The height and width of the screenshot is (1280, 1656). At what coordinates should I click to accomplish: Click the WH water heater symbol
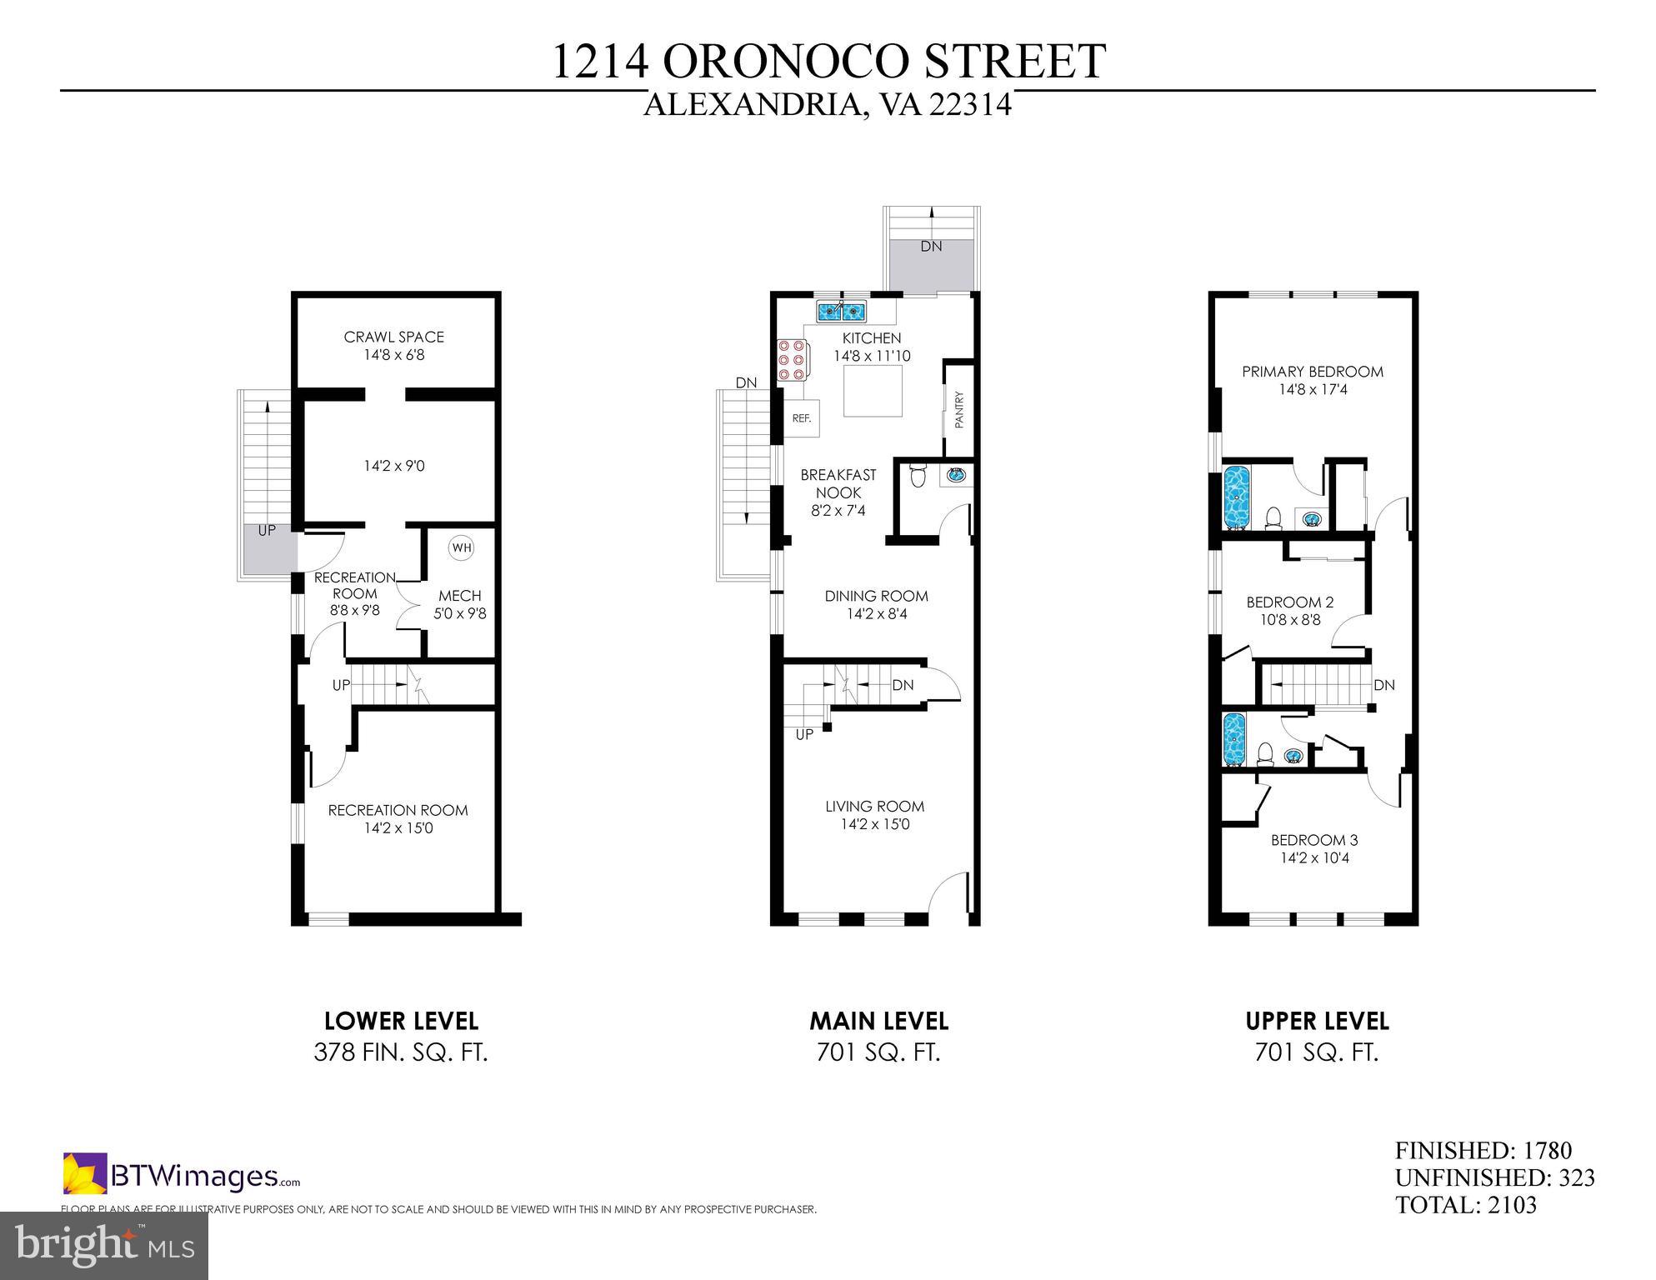click(461, 547)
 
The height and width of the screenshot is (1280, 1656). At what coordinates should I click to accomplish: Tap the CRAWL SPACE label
click(393, 337)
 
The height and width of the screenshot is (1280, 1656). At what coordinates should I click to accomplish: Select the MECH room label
click(460, 596)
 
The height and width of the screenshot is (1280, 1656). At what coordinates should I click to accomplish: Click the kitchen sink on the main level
click(841, 312)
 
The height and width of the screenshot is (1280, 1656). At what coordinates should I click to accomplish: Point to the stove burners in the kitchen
click(791, 360)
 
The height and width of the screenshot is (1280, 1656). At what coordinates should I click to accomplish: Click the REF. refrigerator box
click(802, 418)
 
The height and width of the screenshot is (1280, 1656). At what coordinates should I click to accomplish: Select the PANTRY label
click(959, 410)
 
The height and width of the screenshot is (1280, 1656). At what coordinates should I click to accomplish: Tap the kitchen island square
click(873, 392)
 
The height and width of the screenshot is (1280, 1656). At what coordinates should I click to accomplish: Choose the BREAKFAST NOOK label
click(838, 483)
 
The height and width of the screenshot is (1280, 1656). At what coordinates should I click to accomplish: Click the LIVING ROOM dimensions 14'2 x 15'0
click(874, 824)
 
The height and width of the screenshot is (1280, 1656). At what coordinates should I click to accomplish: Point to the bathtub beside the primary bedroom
click(1236, 497)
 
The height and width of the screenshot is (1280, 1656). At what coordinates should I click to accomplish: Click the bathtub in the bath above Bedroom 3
click(1233, 738)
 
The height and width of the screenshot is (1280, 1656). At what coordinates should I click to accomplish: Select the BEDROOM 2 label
click(1289, 602)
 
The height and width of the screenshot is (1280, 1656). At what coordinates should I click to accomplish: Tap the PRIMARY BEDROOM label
click(1312, 372)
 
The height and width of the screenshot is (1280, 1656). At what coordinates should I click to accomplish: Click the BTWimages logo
click(182, 1176)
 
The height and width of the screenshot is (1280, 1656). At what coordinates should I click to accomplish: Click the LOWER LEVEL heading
click(401, 1021)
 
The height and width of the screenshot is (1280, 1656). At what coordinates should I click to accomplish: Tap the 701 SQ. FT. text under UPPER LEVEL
click(1317, 1052)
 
